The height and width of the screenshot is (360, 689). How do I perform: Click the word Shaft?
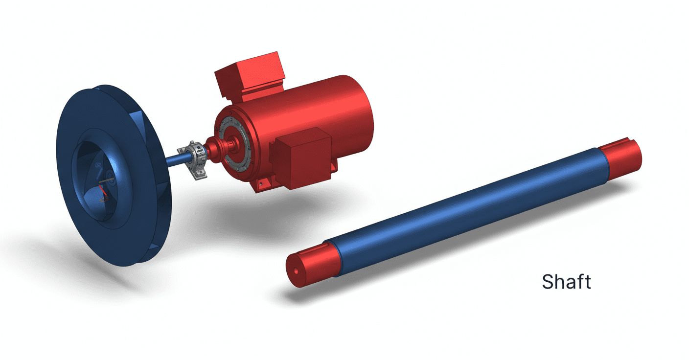click(566, 282)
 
